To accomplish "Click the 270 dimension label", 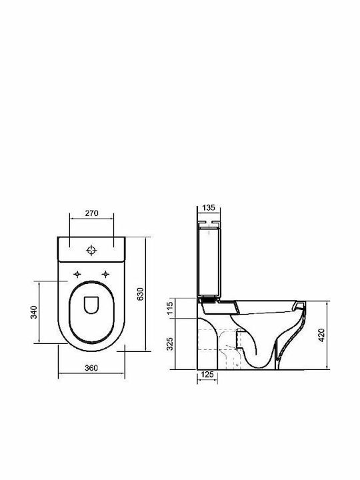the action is [x=91, y=213].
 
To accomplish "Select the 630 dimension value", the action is [x=140, y=294].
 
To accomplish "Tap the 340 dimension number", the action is [x=34, y=312].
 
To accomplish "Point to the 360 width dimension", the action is [x=91, y=367].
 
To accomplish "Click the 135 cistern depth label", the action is [x=209, y=207].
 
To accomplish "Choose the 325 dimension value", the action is [x=170, y=344].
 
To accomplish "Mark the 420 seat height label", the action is [x=321, y=335].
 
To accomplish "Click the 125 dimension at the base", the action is [x=207, y=375].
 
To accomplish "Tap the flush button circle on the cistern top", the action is [x=91, y=250].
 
